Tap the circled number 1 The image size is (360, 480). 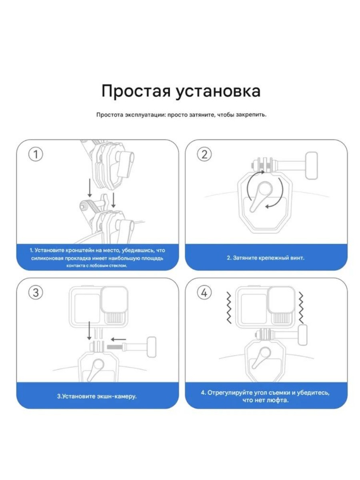coord(36,154)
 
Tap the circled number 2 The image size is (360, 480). coord(204,154)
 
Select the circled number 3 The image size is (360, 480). coord(36,292)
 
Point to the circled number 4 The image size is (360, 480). coord(204,292)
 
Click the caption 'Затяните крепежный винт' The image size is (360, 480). coord(266,258)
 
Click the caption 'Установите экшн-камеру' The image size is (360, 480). coord(97,397)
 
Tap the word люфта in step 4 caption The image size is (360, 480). coord(278,400)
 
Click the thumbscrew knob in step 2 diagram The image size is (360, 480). coord(312,166)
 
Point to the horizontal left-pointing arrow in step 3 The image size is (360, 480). coord(118,336)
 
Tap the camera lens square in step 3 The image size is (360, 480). coord(114,300)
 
